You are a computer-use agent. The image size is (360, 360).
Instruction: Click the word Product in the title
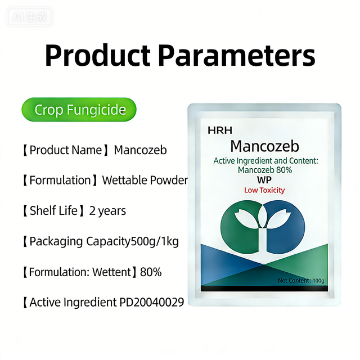pos(97,56)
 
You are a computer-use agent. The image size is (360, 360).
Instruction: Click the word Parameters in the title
pos(236,56)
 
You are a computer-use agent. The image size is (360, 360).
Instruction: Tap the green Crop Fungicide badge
pos(79,110)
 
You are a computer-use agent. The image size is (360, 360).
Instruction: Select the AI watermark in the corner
pos(32,17)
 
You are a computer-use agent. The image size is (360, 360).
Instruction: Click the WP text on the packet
pos(264,179)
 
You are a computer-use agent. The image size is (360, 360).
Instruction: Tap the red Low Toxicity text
pos(264,190)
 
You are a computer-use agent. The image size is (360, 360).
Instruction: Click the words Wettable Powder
pos(145,181)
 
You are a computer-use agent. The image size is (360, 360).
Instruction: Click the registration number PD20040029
pos(152,303)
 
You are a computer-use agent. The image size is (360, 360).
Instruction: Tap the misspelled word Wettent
pos(107,272)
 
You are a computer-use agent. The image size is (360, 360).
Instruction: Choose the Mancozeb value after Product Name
pos(140,150)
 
